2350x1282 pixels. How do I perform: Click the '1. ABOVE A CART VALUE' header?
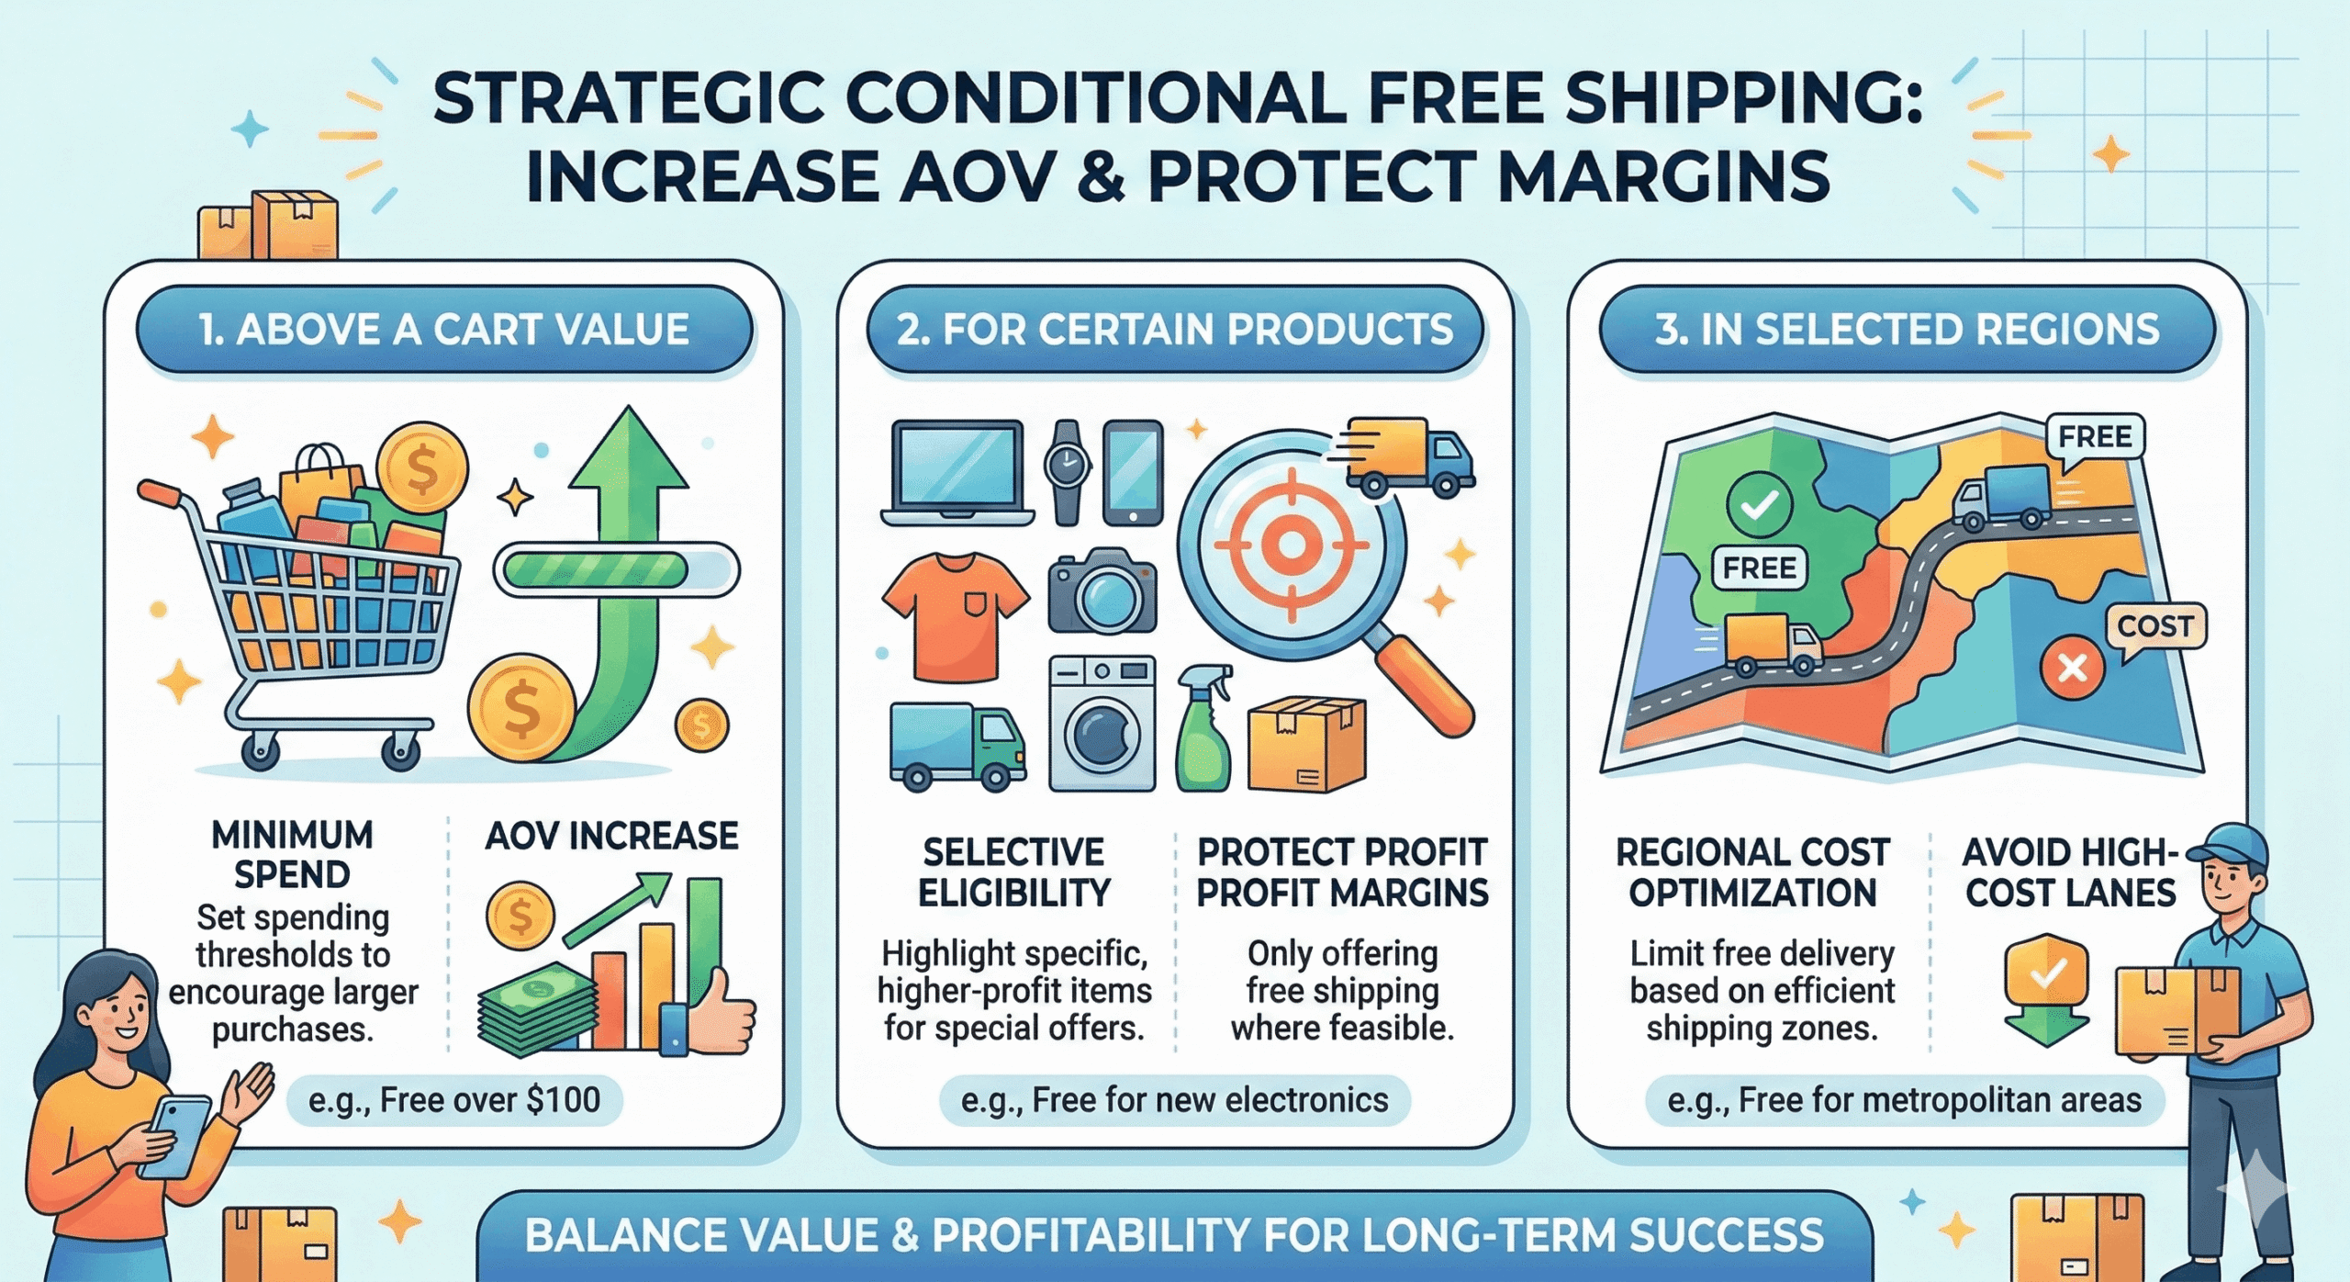[x=444, y=329]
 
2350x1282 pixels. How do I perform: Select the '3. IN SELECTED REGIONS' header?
[x=1908, y=329]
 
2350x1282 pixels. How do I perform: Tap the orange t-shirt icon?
[x=956, y=615]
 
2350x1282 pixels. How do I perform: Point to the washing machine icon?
[x=1102, y=723]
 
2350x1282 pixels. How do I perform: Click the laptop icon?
[x=957, y=473]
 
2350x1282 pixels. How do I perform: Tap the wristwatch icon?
[x=1067, y=472]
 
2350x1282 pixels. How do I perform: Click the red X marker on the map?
[x=2072, y=668]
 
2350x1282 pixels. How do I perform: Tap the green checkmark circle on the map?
[x=1759, y=504]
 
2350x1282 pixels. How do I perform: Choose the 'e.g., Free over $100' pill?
[x=454, y=1099]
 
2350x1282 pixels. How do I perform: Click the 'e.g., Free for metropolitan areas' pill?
[x=1904, y=1099]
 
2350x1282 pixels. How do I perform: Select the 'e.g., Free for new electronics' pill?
[x=1174, y=1099]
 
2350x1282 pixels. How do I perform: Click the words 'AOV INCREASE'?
[x=611, y=836]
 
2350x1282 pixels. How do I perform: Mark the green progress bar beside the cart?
[x=596, y=570]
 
